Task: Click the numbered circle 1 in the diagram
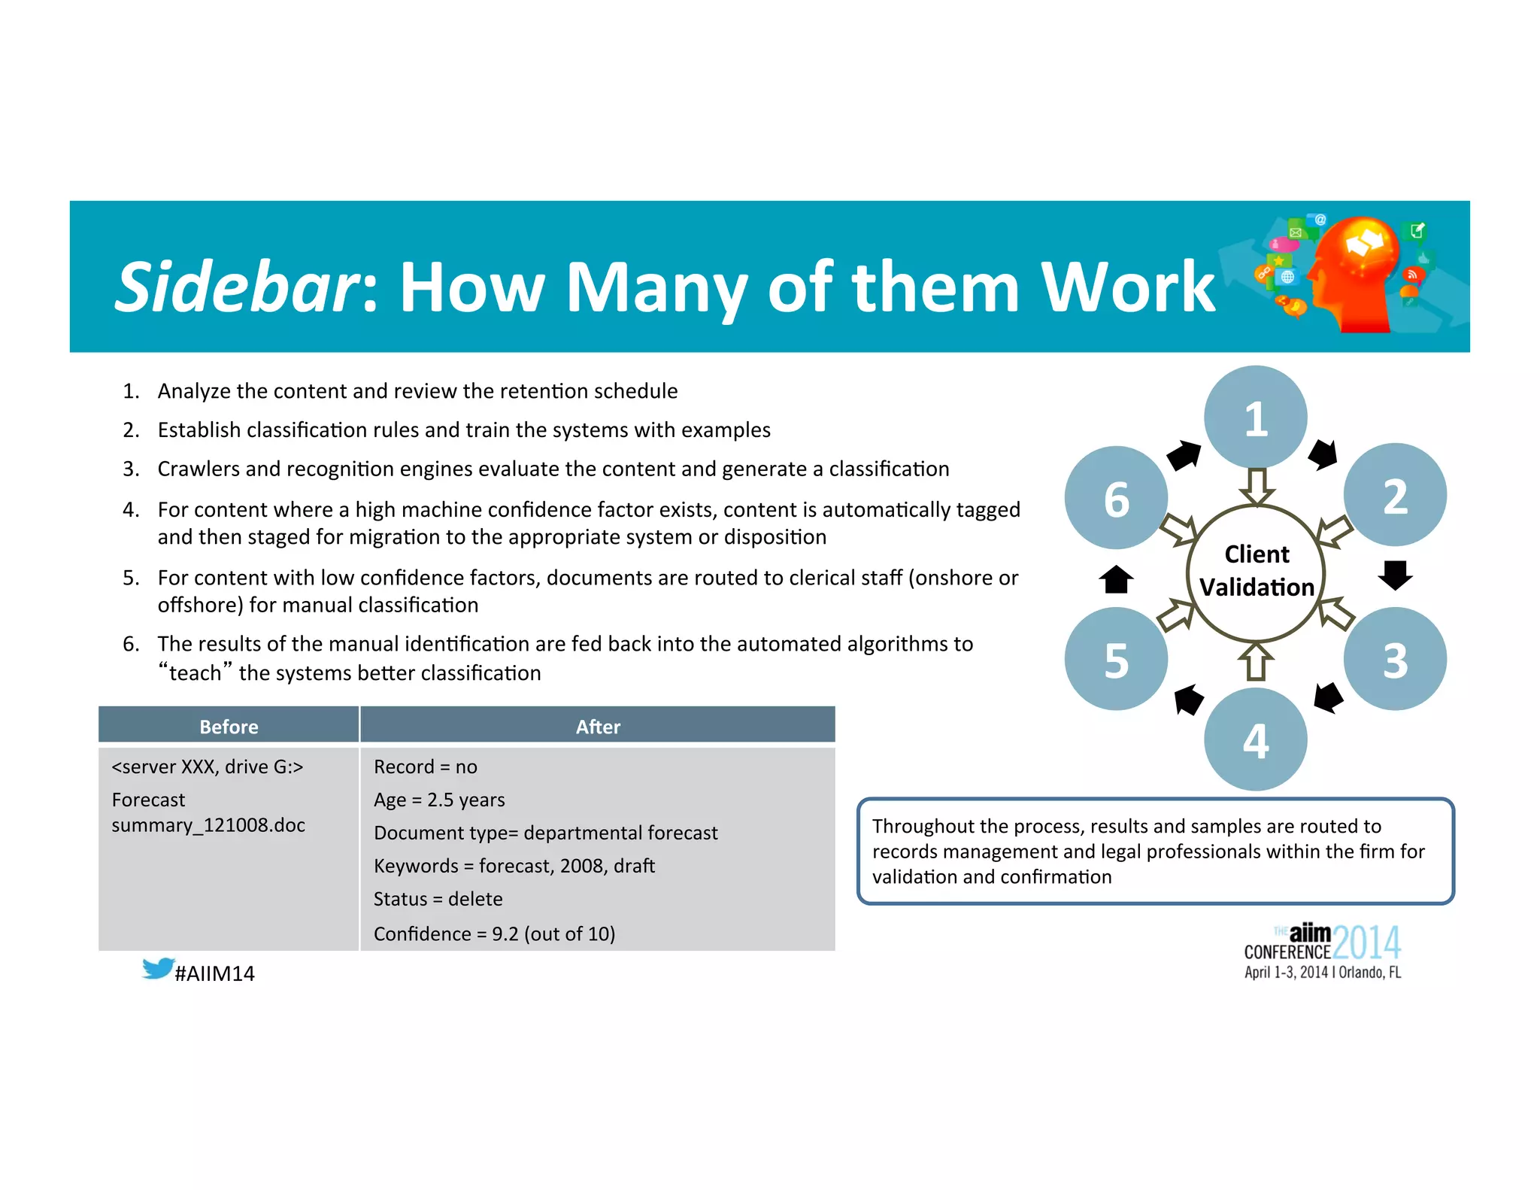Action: coord(1255,417)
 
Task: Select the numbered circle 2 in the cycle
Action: coord(1395,495)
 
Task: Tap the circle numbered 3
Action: coord(1395,659)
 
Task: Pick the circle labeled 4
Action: coord(1255,739)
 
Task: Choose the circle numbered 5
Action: coord(1116,659)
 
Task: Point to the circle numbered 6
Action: coord(1116,498)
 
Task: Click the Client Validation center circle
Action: coord(1256,572)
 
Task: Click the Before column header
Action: coord(229,726)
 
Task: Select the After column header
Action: coord(598,726)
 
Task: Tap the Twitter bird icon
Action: coord(158,968)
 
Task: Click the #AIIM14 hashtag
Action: coord(214,973)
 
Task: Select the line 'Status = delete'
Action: coord(438,899)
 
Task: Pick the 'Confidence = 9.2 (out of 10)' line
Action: coord(494,933)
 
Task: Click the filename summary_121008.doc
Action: coord(208,825)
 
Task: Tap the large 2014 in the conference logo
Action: coord(1366,942)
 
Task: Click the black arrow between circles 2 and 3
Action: coord(1395,575)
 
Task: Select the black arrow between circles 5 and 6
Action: coord(1116,579)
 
